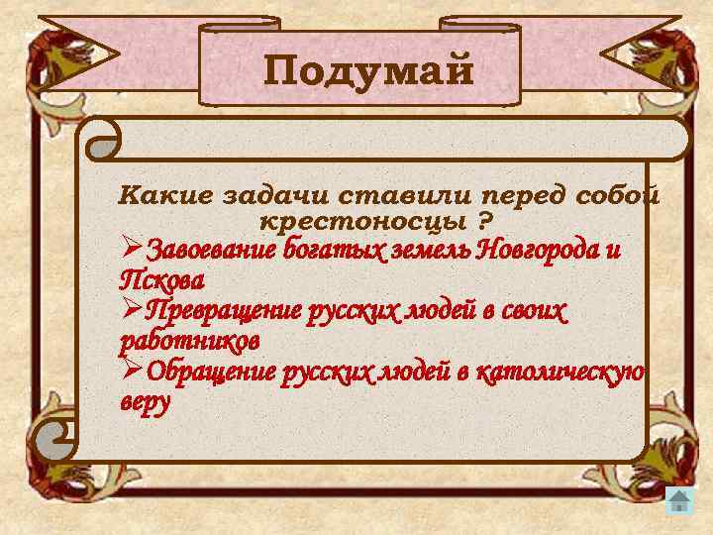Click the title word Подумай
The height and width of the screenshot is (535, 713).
pos(368,71)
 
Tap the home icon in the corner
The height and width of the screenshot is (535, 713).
pos(679,500)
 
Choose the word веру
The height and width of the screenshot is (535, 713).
pos(145,402)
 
